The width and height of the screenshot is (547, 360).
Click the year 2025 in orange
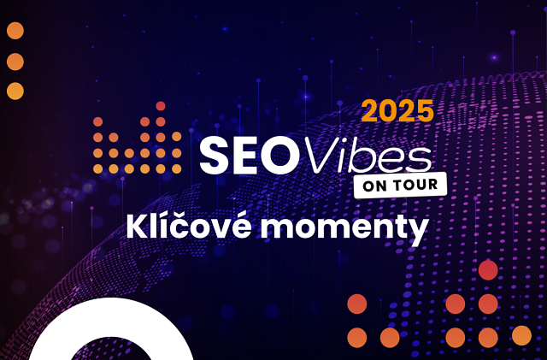397,111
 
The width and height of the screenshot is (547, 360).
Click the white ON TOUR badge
400,185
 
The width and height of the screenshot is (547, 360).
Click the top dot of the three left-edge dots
15,32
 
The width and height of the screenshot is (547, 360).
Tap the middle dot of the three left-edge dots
15,62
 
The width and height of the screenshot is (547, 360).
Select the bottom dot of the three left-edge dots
15,91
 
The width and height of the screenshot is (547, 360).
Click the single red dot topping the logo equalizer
160,106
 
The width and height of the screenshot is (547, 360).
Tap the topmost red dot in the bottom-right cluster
488,270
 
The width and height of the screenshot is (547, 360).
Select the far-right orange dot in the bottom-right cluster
521,336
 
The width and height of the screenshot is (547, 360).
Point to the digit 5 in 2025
423,111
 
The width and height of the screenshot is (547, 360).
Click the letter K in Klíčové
137,227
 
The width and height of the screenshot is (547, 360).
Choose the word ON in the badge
376,185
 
